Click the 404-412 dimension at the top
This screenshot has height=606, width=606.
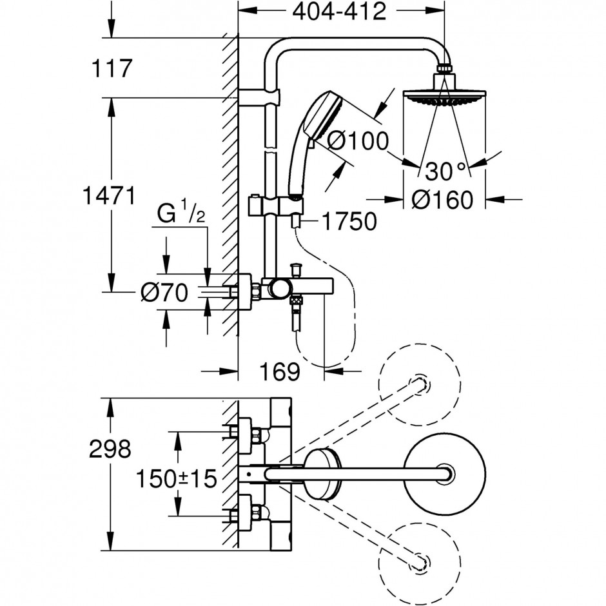339,12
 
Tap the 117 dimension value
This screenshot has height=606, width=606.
112,68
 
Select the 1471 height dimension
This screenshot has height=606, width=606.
110,195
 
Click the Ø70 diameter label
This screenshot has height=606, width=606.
164,292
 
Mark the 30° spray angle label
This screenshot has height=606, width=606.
445,171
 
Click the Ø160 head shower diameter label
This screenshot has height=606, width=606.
442,200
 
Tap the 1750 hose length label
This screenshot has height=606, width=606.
349,222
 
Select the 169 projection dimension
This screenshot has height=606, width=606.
279,372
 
